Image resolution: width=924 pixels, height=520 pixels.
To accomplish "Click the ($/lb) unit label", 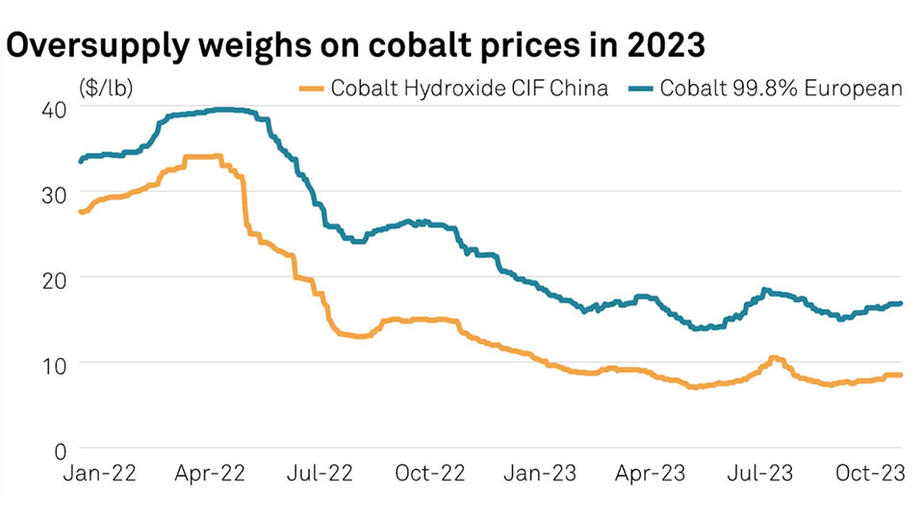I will [x=106, y=90].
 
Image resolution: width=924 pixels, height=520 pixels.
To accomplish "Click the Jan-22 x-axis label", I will [x=101, y=474].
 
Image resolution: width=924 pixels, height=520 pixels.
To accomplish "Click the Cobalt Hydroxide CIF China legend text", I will [x=470, y=90].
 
